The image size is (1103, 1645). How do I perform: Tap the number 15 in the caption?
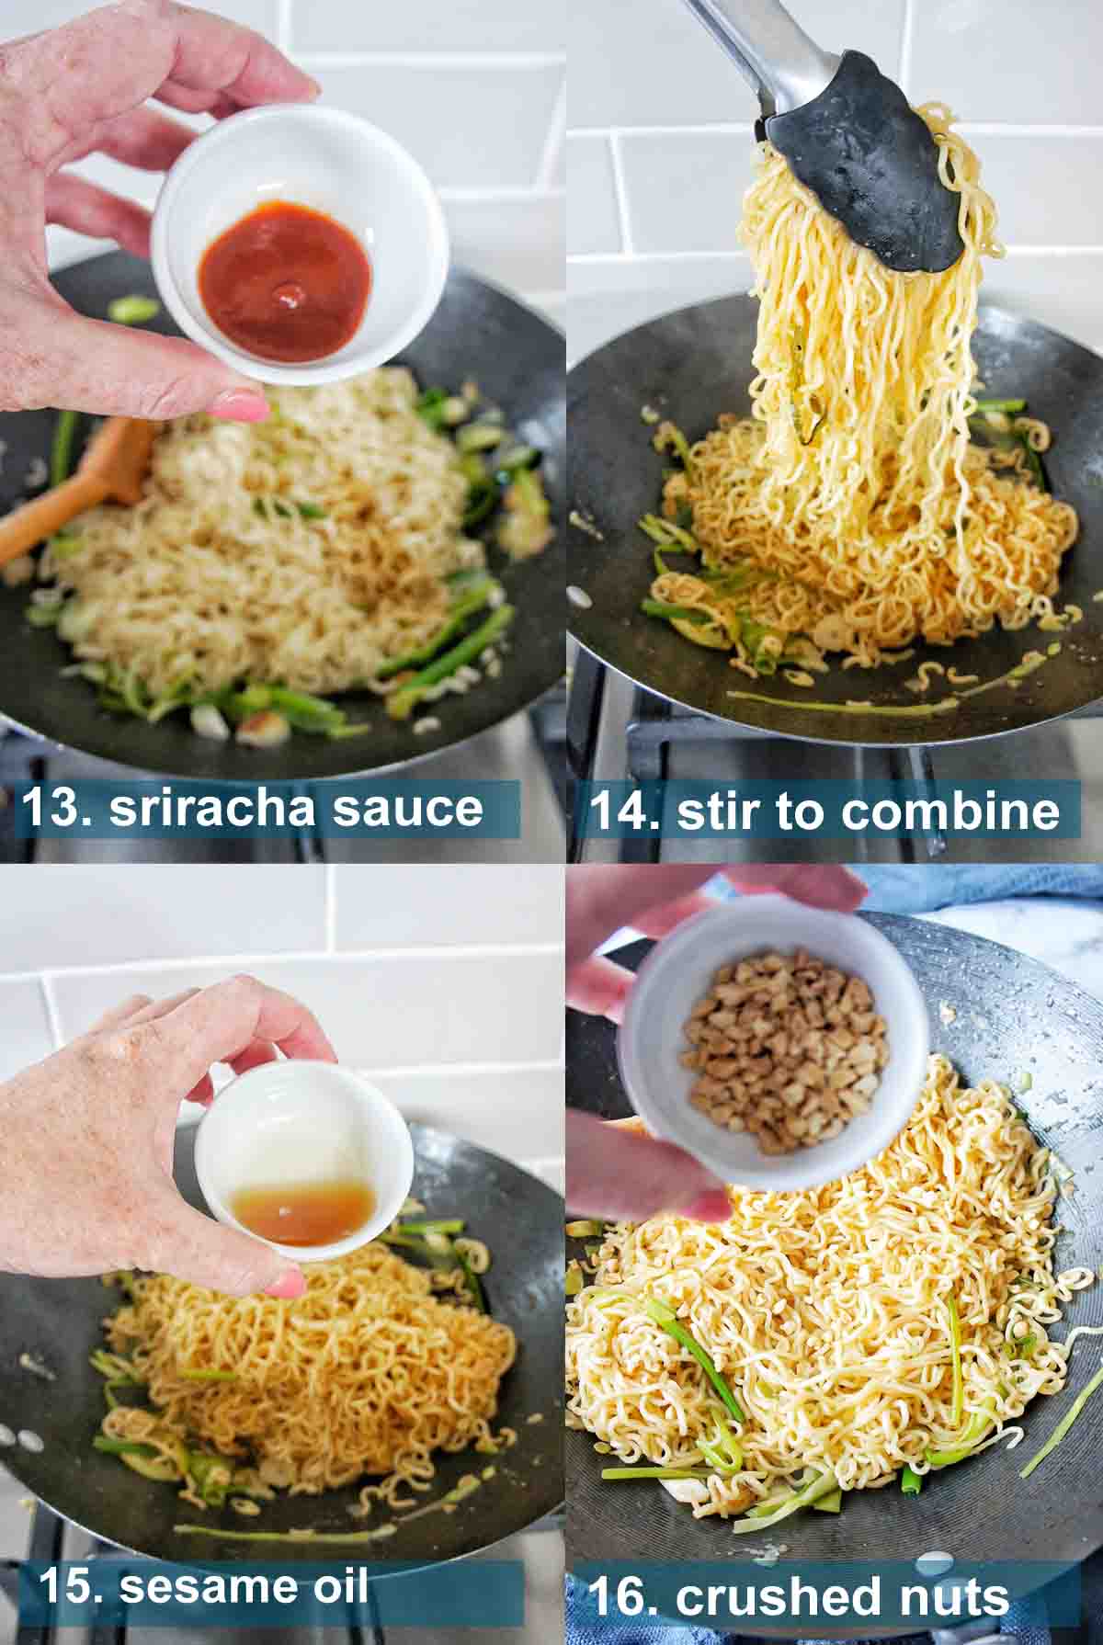coord(72,1585)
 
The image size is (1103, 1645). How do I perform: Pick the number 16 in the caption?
coord(623,1597)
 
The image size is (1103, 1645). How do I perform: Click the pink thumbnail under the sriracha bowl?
coord(242,404)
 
